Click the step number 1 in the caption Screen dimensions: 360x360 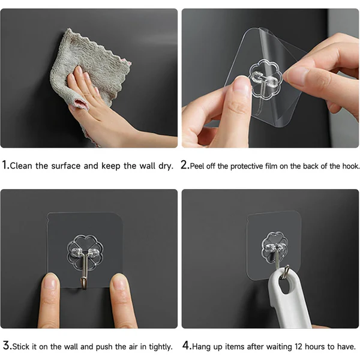[5, 165]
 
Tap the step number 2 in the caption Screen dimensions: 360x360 [185, 165]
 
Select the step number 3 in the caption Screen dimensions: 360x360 [5, 346]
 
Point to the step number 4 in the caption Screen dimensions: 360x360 [185, 346]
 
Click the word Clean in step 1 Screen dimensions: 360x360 [21, 166]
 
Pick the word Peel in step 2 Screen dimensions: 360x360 [198, 166]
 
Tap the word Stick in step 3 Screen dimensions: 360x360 [21, 346]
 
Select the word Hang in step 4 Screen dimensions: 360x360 [202, 346]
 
